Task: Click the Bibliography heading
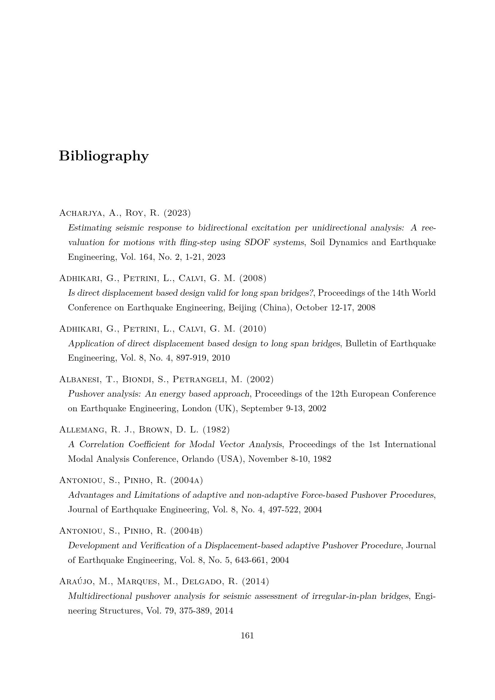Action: click(104, 156)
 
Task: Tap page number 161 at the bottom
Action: click(247, 635)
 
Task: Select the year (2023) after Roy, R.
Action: click(177, 213)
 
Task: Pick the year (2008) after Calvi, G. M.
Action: click(253, 278)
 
